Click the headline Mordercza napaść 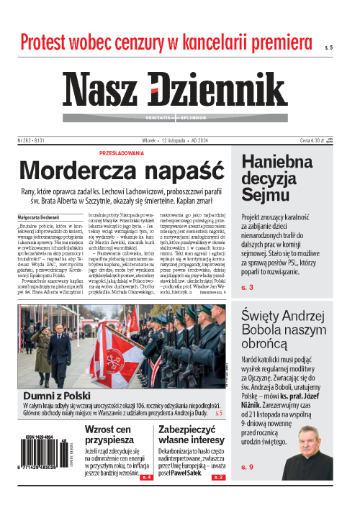pos(120,171)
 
